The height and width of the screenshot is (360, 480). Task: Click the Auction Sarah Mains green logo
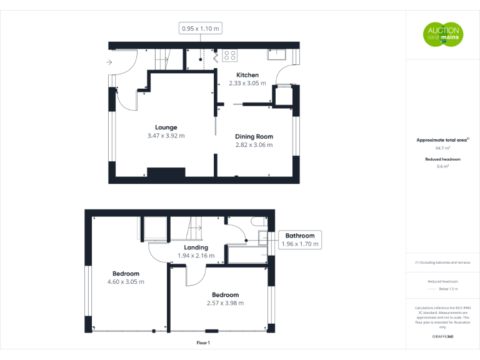(x=442, y=34)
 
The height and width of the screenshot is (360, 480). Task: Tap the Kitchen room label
(x=247, y=75)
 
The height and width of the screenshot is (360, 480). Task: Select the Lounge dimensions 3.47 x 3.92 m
(x=166, y=136)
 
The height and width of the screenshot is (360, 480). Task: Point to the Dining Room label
(x=254, y=136)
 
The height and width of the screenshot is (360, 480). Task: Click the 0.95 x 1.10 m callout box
(x=201, y=28)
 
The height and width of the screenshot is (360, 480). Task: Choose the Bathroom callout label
(x=300, y=236)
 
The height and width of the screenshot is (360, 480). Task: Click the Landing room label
(x=196, y=247)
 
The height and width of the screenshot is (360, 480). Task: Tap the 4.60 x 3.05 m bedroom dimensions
(x=126, y=282)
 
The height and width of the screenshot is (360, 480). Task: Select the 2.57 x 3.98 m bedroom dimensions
(x=225, y=303)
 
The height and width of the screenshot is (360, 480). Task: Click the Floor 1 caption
(x=203, y=343)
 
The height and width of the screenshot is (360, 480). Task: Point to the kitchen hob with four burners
(x=229, y=56)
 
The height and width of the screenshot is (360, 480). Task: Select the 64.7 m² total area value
(x=442, y=149)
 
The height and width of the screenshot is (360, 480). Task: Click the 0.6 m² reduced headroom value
(x=442, y=167)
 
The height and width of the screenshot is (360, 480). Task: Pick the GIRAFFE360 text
(x=442, y=336)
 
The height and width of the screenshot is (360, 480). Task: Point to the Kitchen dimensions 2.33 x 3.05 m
(x=247, y=83)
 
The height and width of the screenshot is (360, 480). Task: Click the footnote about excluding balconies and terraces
(x=442, y=262)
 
